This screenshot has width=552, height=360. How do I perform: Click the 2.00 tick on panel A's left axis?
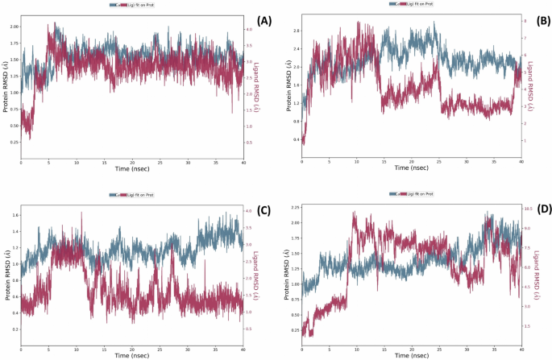(x=13, y=27)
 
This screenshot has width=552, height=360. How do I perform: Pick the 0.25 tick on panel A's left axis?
(x=13, y=143)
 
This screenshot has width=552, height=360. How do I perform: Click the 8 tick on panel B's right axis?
(x=525, y=20)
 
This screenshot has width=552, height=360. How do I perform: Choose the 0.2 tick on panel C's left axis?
(x=15, y=329)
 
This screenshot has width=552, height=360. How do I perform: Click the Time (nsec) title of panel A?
(x=132, y=169)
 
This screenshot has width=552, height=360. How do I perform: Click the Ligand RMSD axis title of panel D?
(x=546, y=274)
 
